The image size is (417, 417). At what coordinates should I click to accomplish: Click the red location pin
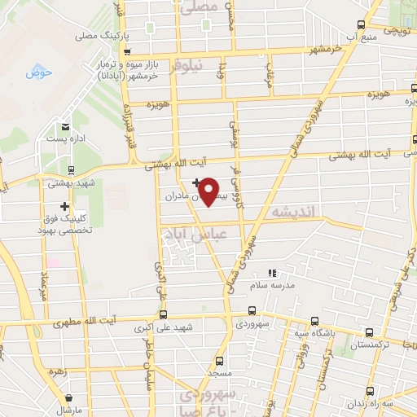tap(209, 191)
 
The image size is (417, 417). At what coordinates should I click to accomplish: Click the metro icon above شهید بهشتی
tap(72, 170)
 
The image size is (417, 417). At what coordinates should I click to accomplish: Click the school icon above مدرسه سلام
tap(273, 273)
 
